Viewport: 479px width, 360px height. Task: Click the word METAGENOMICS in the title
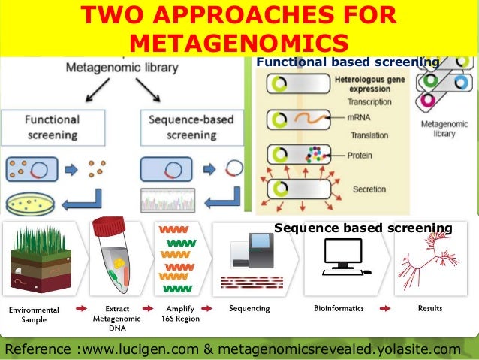tap(239, 41)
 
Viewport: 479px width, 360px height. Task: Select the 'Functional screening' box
tap(52, 127)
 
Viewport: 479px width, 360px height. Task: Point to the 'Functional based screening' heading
tap(347, 62)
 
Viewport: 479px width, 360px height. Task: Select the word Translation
tap(368, 135)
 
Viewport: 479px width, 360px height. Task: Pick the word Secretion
tap(367, 189)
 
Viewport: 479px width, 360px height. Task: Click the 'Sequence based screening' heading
tap(363, 228)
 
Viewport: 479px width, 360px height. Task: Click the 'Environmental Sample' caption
tap(33, 314)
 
